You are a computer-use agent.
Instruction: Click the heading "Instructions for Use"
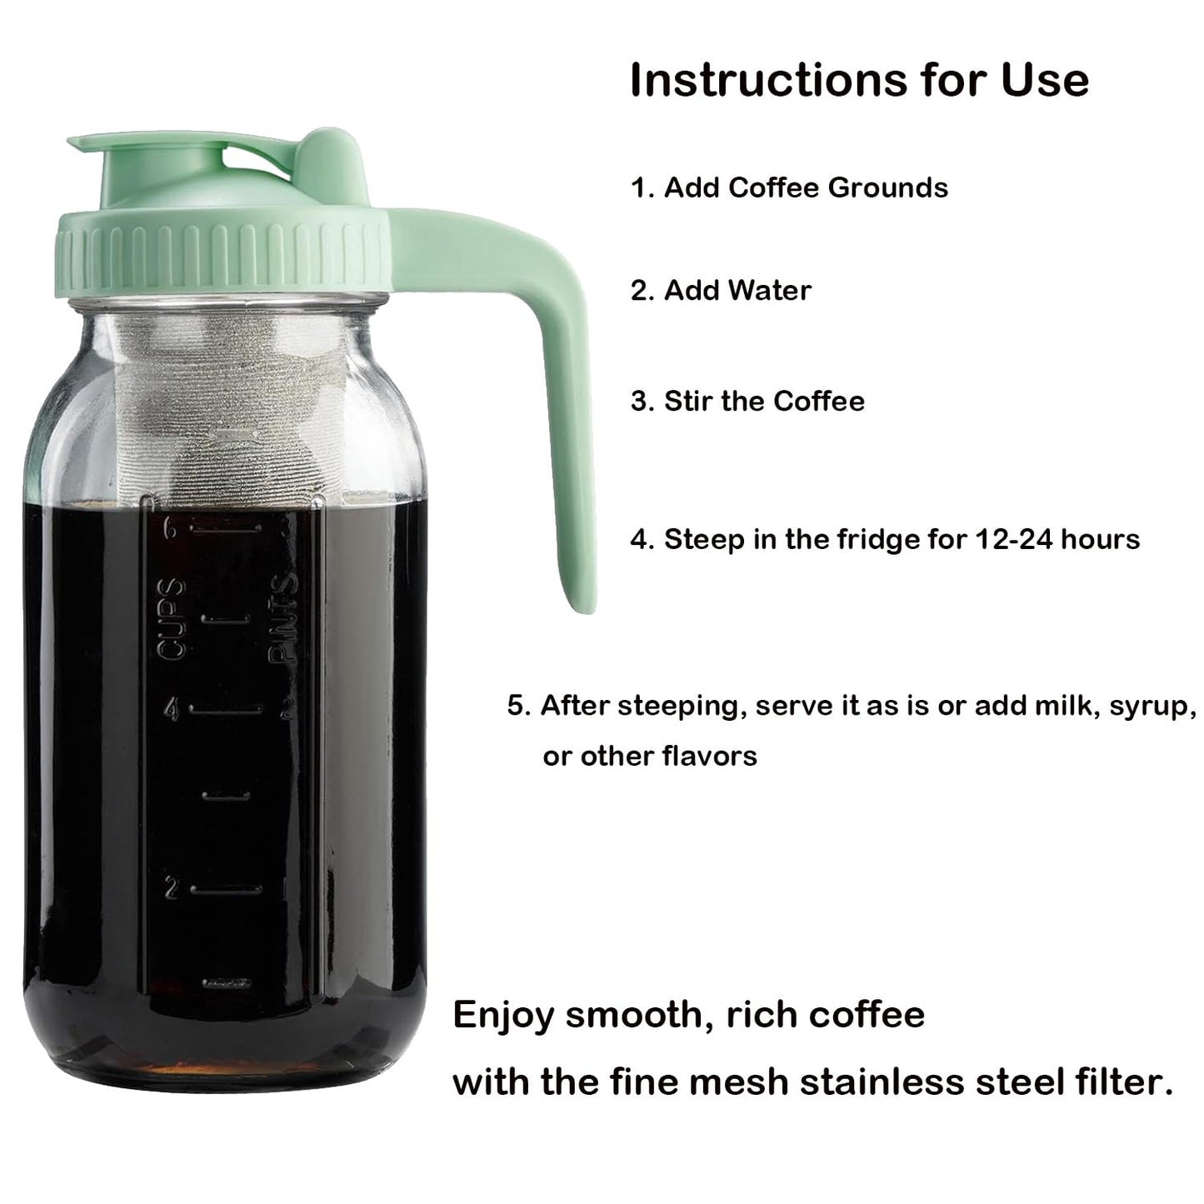[859, 80]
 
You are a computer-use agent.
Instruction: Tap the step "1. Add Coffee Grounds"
[789, 187]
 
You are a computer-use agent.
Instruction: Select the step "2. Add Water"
[721, 291]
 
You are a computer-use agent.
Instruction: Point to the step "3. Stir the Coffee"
[747, 401]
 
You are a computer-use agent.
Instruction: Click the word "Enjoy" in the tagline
[502, 1016]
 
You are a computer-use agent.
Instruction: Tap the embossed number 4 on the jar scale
[173, 710]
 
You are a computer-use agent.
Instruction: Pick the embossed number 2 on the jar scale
[172, 889]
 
